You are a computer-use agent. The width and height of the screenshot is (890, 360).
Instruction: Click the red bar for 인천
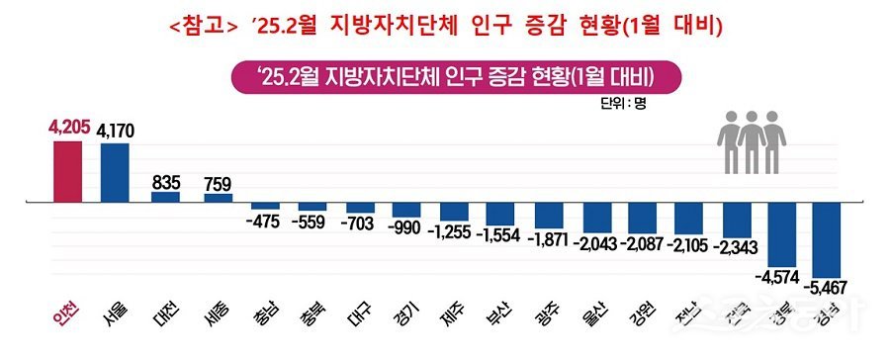(x=68, y=171)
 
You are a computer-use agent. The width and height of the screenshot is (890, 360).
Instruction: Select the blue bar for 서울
(x=115, y=172)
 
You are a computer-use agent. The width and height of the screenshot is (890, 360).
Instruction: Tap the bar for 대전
(x=165, y=197)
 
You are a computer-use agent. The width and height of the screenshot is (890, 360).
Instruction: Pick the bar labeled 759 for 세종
(x=218, y=198)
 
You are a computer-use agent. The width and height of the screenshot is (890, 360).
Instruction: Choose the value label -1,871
(x=550, y=239)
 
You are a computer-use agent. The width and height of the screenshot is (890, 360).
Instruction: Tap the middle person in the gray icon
(x=755, y=138)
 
